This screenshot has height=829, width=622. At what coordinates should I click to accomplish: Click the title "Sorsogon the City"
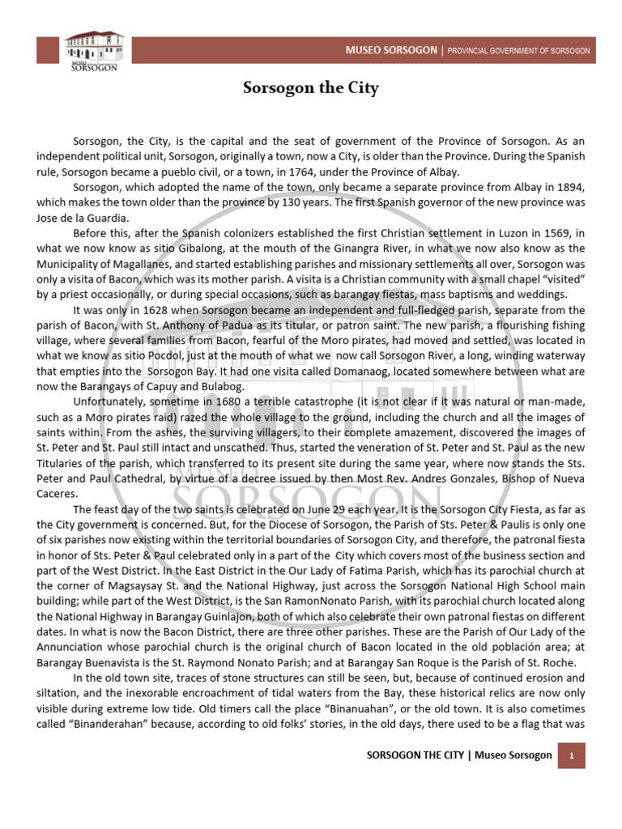[312, 87]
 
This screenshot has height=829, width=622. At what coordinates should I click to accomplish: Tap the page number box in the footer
[572, 755]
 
